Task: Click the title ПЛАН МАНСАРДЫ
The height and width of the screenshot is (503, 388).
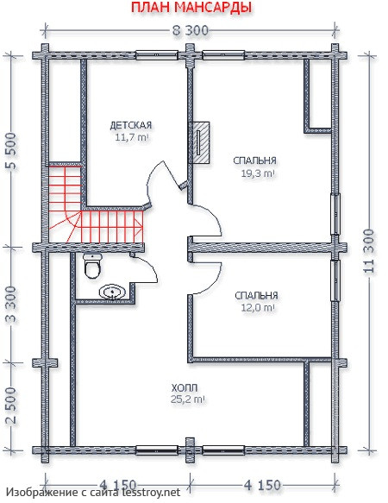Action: tap(191, 8)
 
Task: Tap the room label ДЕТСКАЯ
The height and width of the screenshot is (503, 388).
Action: tap(130, 125)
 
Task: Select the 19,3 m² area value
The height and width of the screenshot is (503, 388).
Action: tap(258, 173)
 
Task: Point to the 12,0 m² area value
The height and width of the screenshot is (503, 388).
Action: tap(258, 308)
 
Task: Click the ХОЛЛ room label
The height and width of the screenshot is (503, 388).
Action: tap(185, 388)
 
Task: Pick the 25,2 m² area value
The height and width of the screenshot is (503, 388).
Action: tap(188, 399)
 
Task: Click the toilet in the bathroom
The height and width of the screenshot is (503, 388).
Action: tap(92, 266)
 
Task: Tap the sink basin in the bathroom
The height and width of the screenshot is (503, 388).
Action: tap(113, 292)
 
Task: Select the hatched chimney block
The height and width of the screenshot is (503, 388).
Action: tap(199, 142)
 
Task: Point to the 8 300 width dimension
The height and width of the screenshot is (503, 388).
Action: tap(191, 31)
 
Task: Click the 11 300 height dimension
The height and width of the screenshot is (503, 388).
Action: tap(369, 252)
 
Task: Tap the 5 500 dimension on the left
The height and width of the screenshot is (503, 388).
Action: tap(12, 152)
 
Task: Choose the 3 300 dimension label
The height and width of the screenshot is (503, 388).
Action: tap(12, 305)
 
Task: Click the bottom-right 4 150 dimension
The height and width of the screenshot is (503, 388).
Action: tap(263, 485)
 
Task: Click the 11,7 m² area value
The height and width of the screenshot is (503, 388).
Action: tap(131, 138)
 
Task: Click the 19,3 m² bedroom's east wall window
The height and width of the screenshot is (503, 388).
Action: tap(335, 214)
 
